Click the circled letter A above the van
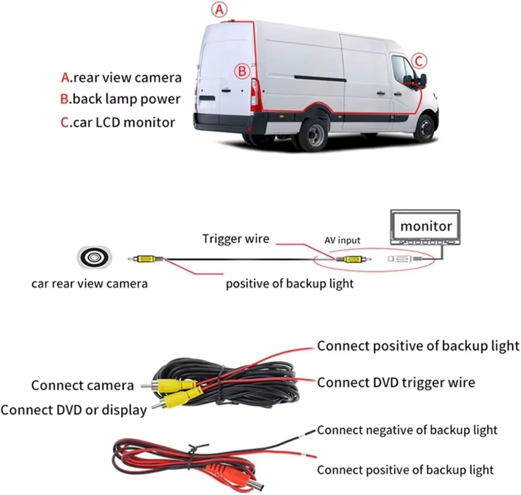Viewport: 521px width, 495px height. click(x=219, y=10)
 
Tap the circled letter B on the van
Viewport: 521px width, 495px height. click(x=242, y=72)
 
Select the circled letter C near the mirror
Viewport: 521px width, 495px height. click(x=419, y=61)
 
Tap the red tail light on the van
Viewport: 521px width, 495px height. click(x=256, y=94)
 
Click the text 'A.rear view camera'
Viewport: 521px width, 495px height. click(x=121, y=78)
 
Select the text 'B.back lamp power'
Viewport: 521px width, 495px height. click(x=120, y=99)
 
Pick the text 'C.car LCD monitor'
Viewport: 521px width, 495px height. click(x=117, y=123)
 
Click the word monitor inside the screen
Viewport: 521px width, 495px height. click(x=426, y=226)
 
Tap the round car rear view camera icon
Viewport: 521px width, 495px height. click(x=94, y=257)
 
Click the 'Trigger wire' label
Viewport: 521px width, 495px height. click(x=236, y=239)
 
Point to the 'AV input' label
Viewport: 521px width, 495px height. click(x=342, y=240)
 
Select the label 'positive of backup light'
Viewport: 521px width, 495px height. click(x=289, y=284)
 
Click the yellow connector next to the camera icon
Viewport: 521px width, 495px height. click(x=147, y=259)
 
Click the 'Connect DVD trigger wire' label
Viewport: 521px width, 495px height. click(x=396, y=383)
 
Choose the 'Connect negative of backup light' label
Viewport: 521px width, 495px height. click(x=407, y=430)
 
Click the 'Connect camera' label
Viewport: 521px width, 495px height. click(x=82, y=385)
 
